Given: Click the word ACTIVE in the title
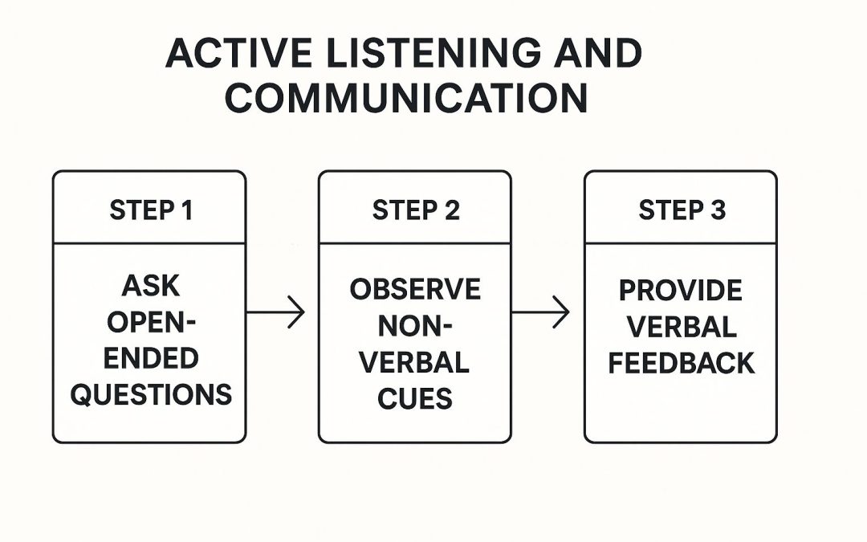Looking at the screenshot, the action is pos(238,53).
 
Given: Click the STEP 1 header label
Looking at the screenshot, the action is pos(151,210).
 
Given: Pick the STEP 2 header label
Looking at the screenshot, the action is pos(416,210).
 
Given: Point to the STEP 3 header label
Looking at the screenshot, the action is pos(682,210).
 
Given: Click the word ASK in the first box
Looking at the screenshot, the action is pos(151,286).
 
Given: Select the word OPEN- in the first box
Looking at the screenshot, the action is pos(151,322).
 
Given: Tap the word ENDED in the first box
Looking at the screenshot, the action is pos(151,358).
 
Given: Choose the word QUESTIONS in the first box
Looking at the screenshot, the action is pos(151,394).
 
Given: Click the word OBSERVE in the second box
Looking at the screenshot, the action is pos(415,289).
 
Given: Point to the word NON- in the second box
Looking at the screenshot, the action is pos(415,326).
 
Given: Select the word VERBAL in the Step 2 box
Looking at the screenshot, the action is pos(414,362).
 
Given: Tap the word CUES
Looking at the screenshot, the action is pos(415,398).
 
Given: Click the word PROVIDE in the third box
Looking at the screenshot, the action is pos(680,291).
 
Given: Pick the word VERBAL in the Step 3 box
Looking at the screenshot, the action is pos(682,326).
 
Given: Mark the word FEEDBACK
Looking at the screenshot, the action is pos(682,363).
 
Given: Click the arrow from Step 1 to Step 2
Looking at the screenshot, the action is pos(275,312).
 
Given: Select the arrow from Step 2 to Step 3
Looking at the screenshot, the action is pos(540,312).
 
